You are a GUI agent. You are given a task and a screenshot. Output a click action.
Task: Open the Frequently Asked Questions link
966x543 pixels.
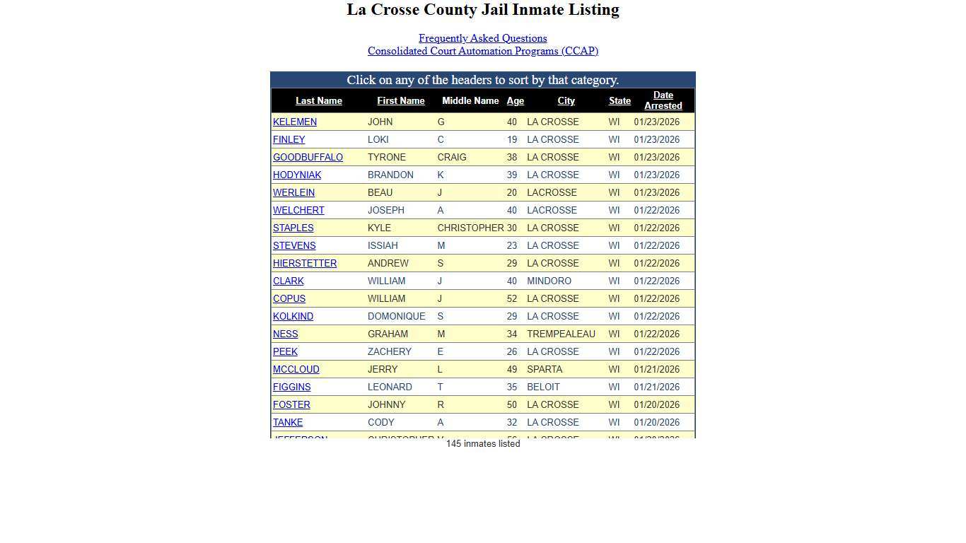click(x=482, y=38)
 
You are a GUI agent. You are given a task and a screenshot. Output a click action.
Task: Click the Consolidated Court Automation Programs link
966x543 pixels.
click(x=482, y=51)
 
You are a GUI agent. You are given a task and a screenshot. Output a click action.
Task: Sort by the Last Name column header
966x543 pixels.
click(x=318, y=101)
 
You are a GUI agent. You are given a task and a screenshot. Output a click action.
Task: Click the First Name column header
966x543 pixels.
click(x=400, y=101)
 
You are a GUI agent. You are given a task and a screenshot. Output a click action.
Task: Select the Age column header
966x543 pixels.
click(x=515, y=101)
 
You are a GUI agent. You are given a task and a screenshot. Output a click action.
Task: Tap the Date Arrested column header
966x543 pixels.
click(x=663, y=100)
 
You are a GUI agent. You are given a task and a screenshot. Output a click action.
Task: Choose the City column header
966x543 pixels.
click(x=566, y=101)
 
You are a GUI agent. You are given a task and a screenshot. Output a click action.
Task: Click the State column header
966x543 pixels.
click(x=619, y=101)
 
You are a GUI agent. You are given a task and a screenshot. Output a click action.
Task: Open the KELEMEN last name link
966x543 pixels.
click(x=295, y=122)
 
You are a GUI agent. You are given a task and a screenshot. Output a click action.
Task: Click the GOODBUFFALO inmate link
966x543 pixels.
click(x=308, y=158)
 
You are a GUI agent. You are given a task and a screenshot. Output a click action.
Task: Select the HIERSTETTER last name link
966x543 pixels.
click(x=305, y=264)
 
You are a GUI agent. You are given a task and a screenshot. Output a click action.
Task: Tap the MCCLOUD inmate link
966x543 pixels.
click(x=296, y=370)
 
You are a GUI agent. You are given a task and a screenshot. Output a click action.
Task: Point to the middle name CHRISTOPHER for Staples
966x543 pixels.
click(x=470, y=228)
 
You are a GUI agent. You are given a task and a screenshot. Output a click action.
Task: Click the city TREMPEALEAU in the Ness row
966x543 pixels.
click(x=561, y=334)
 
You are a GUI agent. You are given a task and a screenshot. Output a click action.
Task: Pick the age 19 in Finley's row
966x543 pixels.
click(x=511, y=140)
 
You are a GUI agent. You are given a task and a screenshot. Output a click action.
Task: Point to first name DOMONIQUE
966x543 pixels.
click(x=396, y=317)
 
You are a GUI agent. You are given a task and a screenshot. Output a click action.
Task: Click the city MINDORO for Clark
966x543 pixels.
click(x=549, y=281)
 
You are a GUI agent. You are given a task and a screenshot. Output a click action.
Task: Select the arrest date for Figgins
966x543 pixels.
click(x=656, y=387)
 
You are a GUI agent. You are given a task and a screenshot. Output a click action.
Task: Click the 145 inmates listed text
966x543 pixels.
click(x=483, y=444)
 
